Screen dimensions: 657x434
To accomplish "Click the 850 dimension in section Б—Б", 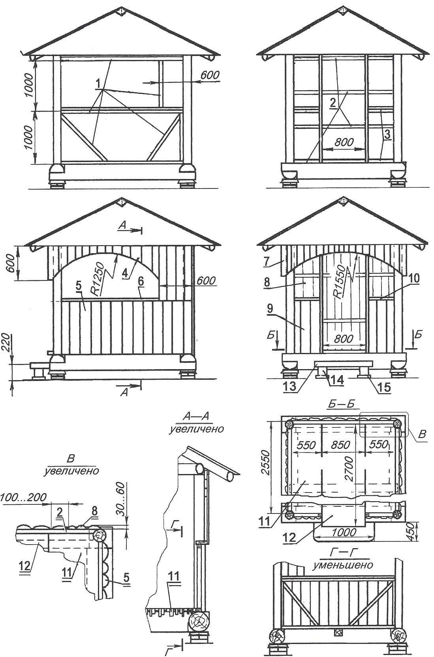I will [340, 445].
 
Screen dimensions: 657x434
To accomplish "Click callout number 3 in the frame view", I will [387, 134].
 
